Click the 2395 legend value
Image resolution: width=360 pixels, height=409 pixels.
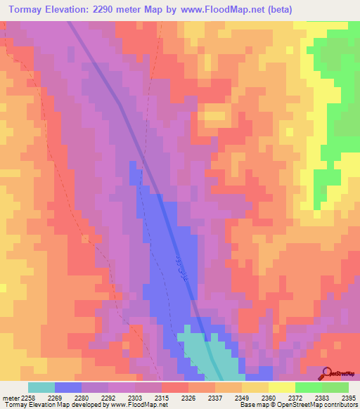(x=347, y=398)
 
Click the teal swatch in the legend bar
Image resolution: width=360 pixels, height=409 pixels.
(x=41, y=387)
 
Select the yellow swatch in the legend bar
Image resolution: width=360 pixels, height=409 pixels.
(x=281, y=387)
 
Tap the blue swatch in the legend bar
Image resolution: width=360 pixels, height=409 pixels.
(x=67, y=387)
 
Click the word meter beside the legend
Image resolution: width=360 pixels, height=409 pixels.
(x=11, y=398)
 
